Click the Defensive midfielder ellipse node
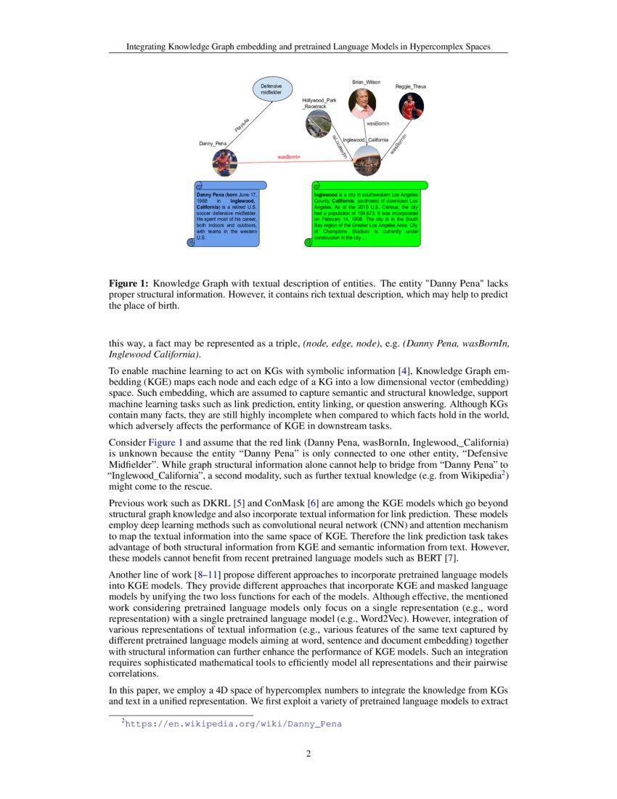272,89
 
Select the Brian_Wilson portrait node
362,102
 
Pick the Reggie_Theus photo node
411,105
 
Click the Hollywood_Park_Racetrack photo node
319,123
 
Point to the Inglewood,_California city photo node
367,160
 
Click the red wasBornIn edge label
289,156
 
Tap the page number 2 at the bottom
308,754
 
